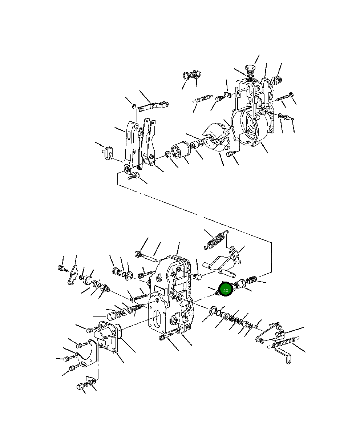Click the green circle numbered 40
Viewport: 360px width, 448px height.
(x=226, y=290)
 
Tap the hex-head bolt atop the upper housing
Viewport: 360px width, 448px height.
(x=250, y=69)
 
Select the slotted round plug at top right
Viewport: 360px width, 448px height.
(x=277, y=80)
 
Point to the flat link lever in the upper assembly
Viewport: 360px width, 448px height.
(x=153, y=106)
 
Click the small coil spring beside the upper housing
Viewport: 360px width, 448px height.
(x=203, y=99)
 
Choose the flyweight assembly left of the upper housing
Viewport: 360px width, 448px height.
(x=217, y=137)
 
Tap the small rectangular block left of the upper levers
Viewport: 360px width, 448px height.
(x=109, y=153)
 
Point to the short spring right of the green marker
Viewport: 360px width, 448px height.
(x=251, y=279)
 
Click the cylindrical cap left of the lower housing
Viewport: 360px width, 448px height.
(x=112, y=316)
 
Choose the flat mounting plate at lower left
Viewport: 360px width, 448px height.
(x=87, y=354)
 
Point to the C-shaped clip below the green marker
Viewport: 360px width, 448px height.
(x=213, y=311)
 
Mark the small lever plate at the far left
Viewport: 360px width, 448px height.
(x=72, y=275)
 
